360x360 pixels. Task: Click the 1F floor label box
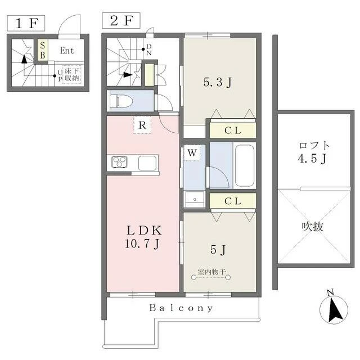coord(26,23)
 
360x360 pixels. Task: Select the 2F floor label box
coord(121,21)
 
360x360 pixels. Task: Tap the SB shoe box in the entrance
coord(43,50)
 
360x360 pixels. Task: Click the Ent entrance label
coord(67,51)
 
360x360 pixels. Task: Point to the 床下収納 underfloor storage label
coord(72,75)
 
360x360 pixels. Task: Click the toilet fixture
coord(120,101)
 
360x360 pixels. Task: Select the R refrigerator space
coord(142,125)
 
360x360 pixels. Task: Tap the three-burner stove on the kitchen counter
coord(119,161)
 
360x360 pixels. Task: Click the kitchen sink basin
coord(147,163)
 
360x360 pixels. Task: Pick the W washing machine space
coord(192,152)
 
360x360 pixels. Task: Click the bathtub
coord(245,166)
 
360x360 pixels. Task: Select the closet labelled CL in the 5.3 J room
coord(233,130)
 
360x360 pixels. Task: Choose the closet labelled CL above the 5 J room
coord(233,201)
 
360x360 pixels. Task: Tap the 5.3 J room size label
coord(218,82)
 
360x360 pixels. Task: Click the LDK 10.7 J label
coord(144,237)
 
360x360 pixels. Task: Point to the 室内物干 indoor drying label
coord(211,272)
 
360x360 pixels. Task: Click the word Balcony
coord(181,308)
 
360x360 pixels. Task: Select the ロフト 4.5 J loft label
coord(314,152)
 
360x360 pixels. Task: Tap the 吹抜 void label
coord(313,227)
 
